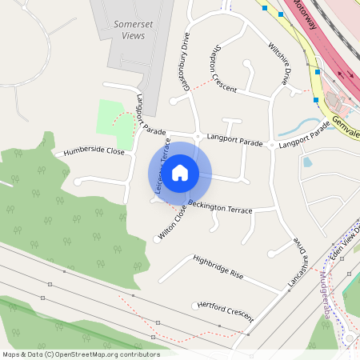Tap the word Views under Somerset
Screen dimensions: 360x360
click(133, 37)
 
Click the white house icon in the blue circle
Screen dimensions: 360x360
click(180, 172)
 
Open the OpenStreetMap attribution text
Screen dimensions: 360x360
click(80, 354)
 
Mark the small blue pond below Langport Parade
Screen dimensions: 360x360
click(308, 162)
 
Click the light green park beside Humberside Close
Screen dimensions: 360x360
click(111, 118)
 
